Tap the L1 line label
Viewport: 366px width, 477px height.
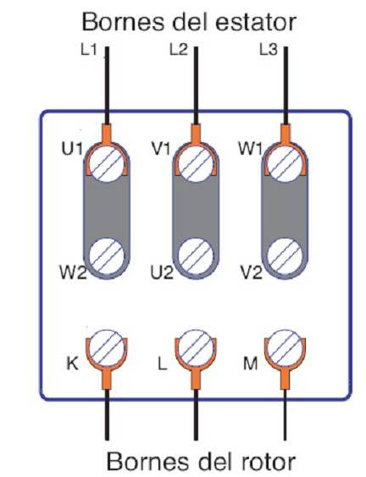[x=88, y=50]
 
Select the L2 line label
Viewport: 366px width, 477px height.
[x=178, y=50]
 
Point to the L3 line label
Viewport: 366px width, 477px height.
[x=269, y=50]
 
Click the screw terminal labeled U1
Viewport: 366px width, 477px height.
[x=107, y=164]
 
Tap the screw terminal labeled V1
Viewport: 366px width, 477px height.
[x=196, y=164]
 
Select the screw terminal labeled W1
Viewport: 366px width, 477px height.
[x=286, y=164]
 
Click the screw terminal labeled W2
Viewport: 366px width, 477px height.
[x=107, y=256]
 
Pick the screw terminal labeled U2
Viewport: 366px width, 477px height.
[x=196, y=256]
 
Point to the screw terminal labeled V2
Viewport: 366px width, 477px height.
[x=286, y=256]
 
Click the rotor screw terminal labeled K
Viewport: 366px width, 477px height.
[x=107, y=348]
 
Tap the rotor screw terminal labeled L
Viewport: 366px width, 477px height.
[x=196, y=348]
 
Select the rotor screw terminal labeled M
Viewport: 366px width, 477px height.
[x=286, y=348]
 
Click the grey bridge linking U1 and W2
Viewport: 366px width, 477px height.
[x=107, y=210]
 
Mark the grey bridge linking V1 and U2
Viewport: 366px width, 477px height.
[x=196, y=210]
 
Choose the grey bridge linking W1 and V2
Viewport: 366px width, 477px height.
[x=286, y=210]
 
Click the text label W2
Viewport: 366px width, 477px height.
[x=73, y=272]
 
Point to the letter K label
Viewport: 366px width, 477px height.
[x=72, y=363]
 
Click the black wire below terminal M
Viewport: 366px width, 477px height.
[x=286, y=414]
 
